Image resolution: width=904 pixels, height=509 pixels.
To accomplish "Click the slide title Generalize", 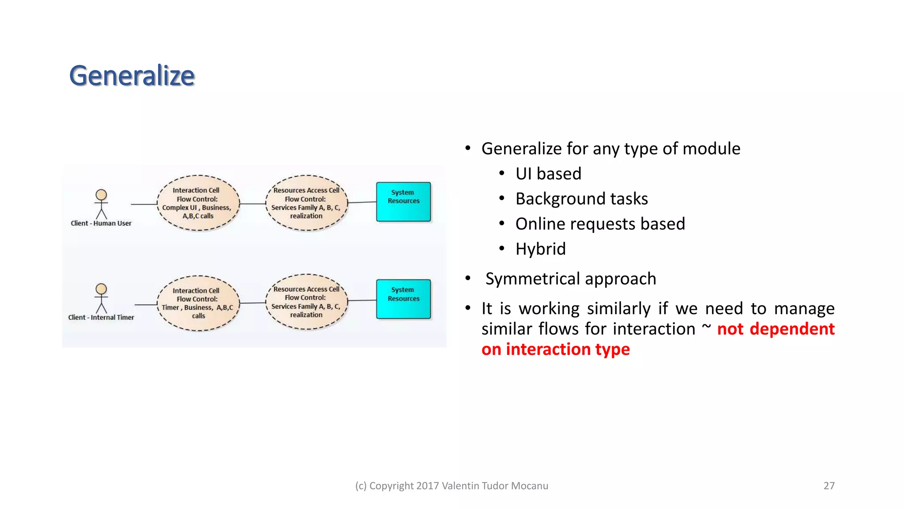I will tap(132, 76).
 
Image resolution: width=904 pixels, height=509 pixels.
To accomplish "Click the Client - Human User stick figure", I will tap(101, 204).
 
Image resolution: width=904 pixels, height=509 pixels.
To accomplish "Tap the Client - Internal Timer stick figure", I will tap(101, 298).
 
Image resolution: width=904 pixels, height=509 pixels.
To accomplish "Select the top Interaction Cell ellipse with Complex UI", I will tap(198, 203).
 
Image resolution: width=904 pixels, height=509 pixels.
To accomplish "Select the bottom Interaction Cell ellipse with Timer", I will tap(198, 303).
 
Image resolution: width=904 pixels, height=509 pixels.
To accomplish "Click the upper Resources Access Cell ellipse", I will tap(306, 203).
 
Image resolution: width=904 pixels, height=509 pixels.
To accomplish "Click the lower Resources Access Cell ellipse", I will tap(306, 302).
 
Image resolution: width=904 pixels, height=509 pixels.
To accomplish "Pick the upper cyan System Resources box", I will tap(403, 201).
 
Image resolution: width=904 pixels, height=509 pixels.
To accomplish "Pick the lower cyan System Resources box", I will tap(403, 299).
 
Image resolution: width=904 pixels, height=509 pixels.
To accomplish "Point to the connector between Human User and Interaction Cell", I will tap(144, 204).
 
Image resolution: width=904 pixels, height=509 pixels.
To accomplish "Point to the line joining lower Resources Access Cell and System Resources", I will tap(362, 300).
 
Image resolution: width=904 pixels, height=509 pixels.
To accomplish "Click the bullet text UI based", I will tap(548, 174).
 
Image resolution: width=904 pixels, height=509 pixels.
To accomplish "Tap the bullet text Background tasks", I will tap(581, 199).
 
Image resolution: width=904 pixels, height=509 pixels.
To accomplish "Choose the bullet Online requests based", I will tap(600, 224).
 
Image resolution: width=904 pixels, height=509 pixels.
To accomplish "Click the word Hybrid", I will tap(540, 249).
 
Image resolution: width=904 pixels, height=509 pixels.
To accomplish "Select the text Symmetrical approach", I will tap(570, 279).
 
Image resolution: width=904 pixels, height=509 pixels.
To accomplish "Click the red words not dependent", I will tap(776, 329).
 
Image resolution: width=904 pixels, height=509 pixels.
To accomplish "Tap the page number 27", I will tap(829, 486).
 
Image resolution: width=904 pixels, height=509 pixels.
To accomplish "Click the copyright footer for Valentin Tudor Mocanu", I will tap(452, 486).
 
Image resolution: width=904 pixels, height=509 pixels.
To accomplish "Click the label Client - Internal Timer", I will tap(101, 317).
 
